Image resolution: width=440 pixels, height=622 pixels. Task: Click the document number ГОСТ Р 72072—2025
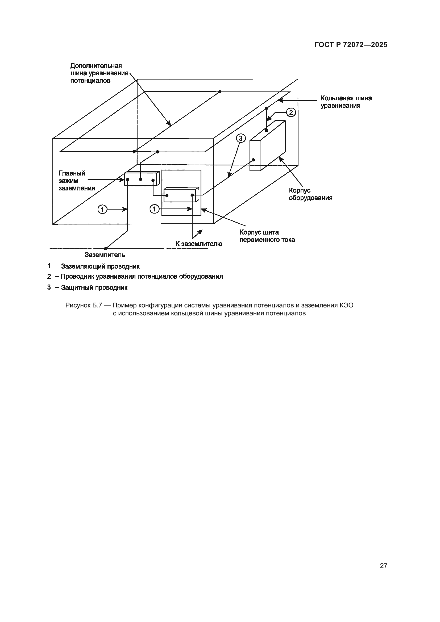[x=351, y=45]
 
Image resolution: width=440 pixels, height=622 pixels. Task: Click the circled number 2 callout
[x=291, y=112]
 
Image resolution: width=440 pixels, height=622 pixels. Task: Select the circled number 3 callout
[x=240, y=139]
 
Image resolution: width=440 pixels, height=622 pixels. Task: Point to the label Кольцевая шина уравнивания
[x=346, y=102]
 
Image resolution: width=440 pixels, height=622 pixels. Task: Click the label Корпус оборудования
[x=310, y=194]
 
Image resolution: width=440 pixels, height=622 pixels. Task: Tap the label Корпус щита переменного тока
[x=267, y=236]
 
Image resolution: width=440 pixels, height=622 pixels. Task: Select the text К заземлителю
[x=199, y=244]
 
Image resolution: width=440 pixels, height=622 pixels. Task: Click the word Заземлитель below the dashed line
[x=105, y=255]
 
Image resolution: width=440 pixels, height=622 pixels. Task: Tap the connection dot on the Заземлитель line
[x=106, y=248]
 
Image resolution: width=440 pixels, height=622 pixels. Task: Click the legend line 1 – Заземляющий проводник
[x=93, y=266]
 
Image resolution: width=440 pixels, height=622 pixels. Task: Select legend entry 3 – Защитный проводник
[x=87, y=287]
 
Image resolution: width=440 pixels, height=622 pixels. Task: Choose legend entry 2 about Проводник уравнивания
[x=135, y=277]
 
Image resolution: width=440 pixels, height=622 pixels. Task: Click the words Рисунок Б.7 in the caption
[x=84, y=306]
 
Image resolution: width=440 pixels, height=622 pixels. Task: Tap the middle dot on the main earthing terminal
[x=140, y=179]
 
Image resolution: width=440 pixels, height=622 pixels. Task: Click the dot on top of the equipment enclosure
[x=266, y=131]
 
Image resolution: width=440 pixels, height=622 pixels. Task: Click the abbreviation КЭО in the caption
[x=346, y=306]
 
